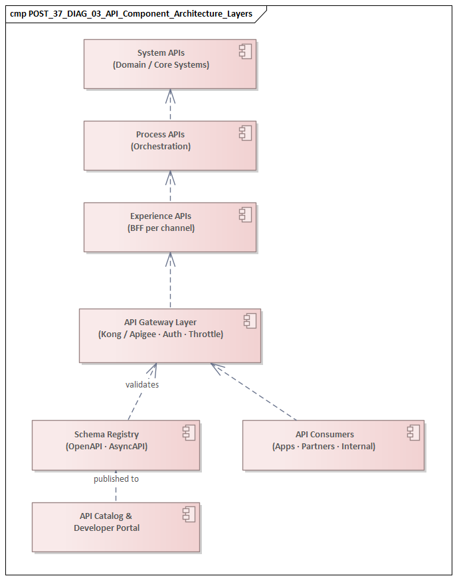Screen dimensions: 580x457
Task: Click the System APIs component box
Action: pyautogui.click(x=169, y=64)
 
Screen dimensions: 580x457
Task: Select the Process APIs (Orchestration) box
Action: pyautogui.click(x=169, y=145)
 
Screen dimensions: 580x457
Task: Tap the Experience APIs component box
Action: pyautogui.click(x=169, y=228)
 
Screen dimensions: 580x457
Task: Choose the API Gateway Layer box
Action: pyautogui.click(x=169, y=336)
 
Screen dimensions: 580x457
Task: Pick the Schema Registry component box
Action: pyautogui.click(x=116, y=445)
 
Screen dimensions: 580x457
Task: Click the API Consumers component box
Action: pyautogui.click(x=333, y=445)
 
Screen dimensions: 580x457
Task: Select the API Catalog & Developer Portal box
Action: pyautogui.click(x=116, y=528)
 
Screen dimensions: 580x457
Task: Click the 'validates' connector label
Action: pyautogui.click(x=142, y=384)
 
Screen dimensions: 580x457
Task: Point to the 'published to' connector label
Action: pyautogui.click(x=116, y=478)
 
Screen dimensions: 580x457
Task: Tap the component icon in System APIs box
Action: pyautogui.click(x=246, y=51)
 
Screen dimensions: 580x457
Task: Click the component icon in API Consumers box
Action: pyautogui.click(x=414, y=433)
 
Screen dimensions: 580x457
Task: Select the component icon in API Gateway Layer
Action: pyautogui.click(x=250, y=321)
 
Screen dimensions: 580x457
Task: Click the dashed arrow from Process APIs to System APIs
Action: pyautogui.click(x=170, y=105)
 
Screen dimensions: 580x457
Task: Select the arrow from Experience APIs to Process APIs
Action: pyautogui.click(x=170, y=186)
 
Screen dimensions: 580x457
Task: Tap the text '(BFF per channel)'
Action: pyautogui.click(x=161, y=228)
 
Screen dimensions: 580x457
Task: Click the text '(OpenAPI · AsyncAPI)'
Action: pyautogui.click(x=106, y=447)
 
